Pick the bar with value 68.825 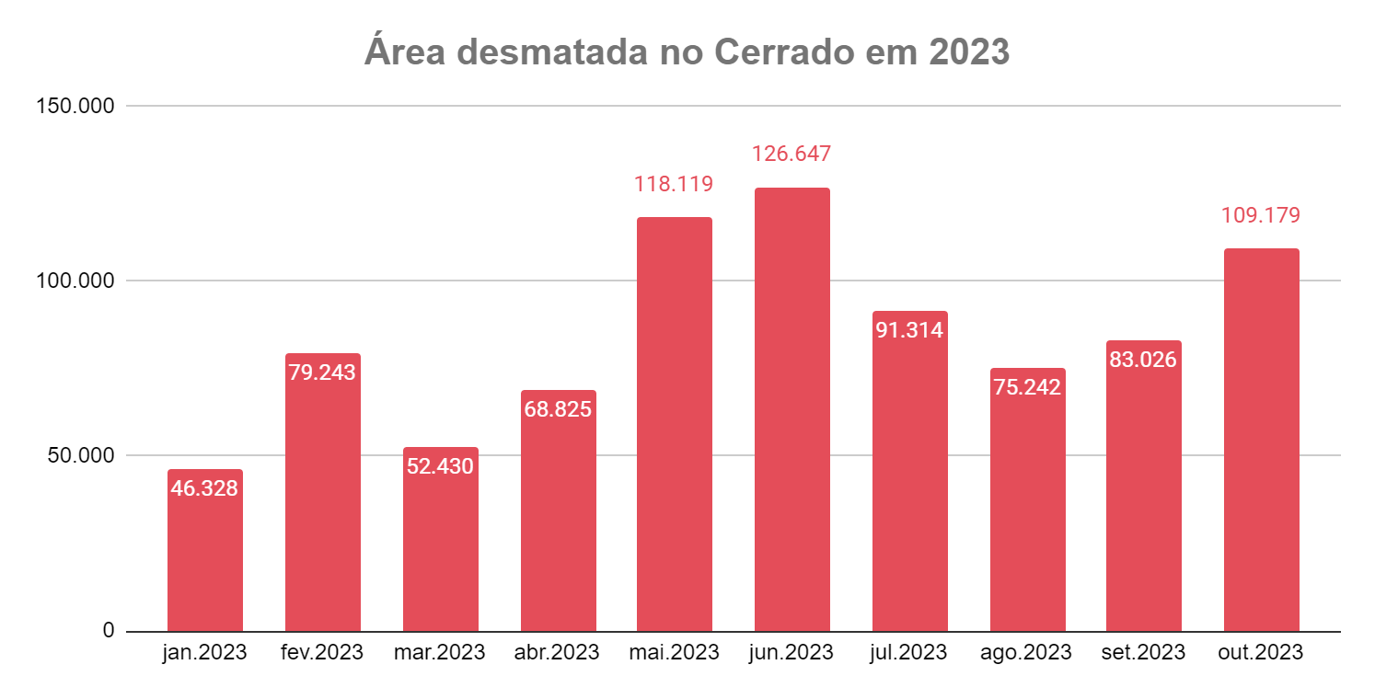click(558, 524)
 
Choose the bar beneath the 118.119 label click(674, 423)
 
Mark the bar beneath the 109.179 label click(1261, 441)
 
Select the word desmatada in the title click(550, 52)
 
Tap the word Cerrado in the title click(783, 52)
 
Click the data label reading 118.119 click(674, 184)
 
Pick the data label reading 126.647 click(791, 153)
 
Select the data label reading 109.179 click(1261, 215)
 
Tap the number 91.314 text click(909, 330)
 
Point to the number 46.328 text click(204, 488)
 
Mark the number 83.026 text click(1143, 359)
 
